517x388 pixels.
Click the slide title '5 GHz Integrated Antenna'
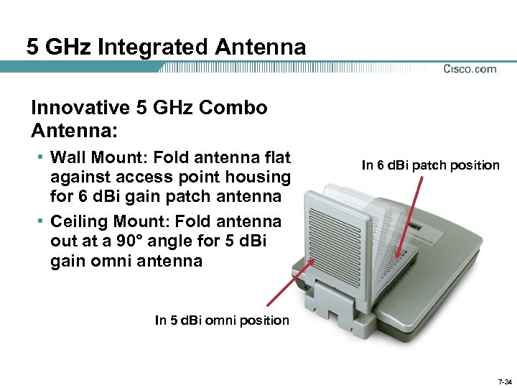(166, 47)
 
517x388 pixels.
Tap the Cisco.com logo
(470, 69)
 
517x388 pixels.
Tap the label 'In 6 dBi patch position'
(430, 165)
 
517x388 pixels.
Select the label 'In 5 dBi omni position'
(222, 320)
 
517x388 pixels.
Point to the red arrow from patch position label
(416, 216)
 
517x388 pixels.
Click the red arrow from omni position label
(291, 286)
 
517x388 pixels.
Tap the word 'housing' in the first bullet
(264, 177)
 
